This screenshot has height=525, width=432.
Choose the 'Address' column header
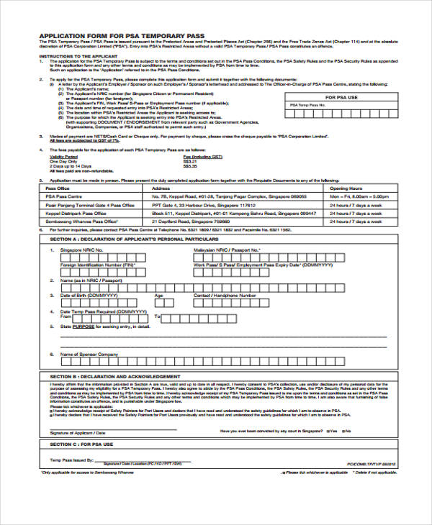(161, 186)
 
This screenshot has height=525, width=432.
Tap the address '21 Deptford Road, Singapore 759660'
(194, 222)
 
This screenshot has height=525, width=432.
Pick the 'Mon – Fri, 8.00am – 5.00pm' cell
(361, 196)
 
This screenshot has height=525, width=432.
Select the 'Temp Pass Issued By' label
(71, 458)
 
